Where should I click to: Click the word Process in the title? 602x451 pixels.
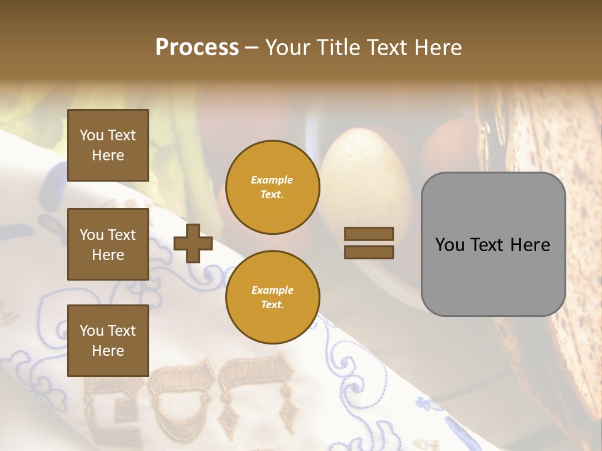click(x=197, y=48)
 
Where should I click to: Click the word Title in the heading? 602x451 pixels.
click(x=336, y=48)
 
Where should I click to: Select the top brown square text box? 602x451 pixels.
click(x=108, y=145)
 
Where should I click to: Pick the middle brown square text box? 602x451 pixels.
click(x=108, y=244)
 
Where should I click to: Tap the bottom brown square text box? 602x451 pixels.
click(x=108, y=341)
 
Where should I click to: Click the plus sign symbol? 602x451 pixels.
click(x=193, y=243)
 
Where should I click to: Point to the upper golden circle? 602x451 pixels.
click(x=272, y=187)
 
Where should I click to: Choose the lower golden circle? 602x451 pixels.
click(x=272, y=297)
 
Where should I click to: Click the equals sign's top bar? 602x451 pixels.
click(x=369, y=234)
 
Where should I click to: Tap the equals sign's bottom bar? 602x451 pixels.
click(x=369, y=252)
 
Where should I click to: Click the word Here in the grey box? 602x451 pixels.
click(x=530, y=245)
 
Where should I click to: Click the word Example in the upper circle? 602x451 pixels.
click(x=272, y=180)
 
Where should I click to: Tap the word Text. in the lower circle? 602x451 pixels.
click(x=272, y=304)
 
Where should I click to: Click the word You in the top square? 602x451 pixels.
click(x=92, y=135)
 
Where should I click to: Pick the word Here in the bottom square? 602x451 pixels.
click(x=108, y=351)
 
